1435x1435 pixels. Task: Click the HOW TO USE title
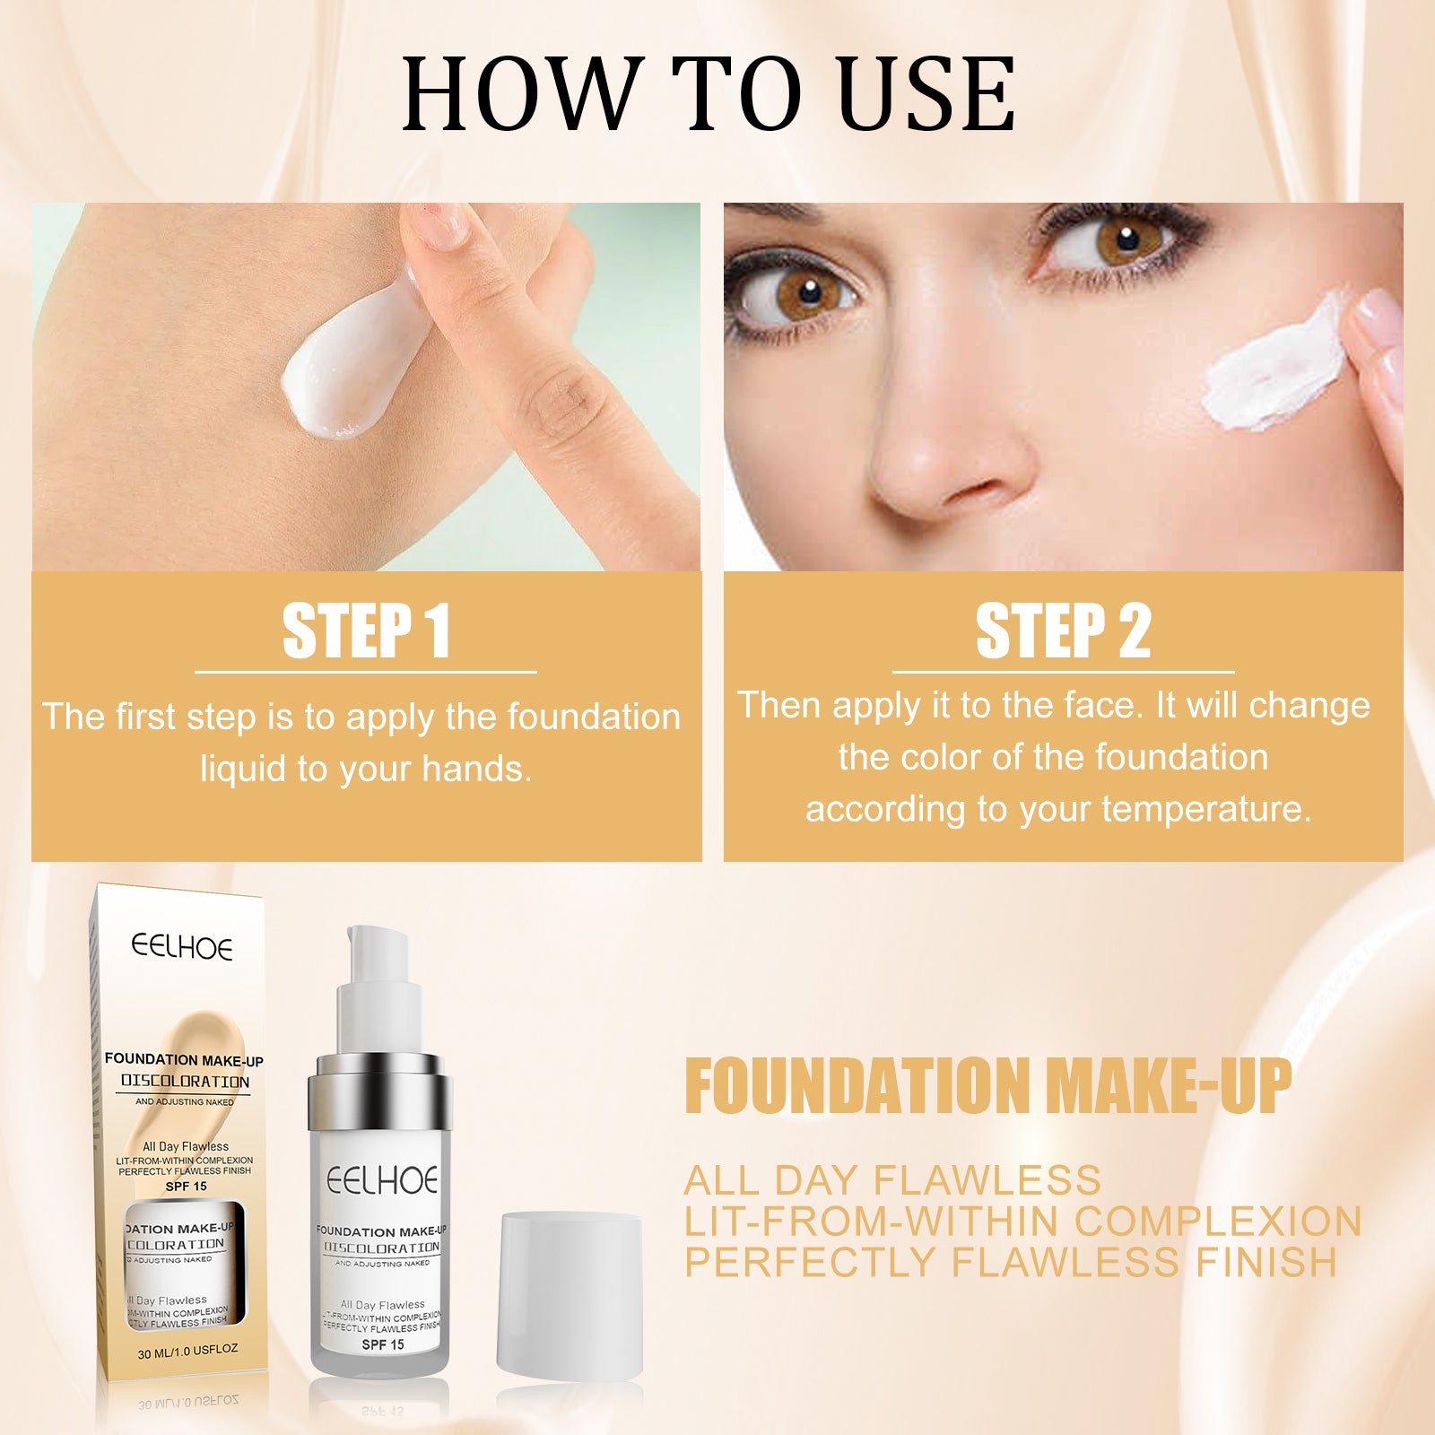709,94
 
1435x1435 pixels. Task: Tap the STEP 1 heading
366,631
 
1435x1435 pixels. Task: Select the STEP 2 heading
1063,631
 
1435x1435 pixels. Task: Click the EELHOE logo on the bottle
382,1181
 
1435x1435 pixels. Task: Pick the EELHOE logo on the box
182,947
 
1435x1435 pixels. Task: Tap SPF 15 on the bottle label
383,1344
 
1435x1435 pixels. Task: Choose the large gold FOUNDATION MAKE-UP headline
987,1086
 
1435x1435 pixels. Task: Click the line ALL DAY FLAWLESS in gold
892,1180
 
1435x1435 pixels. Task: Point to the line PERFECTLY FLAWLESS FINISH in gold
1011,1262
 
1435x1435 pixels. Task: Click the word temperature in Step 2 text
1205,809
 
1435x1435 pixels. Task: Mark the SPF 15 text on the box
187,1186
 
